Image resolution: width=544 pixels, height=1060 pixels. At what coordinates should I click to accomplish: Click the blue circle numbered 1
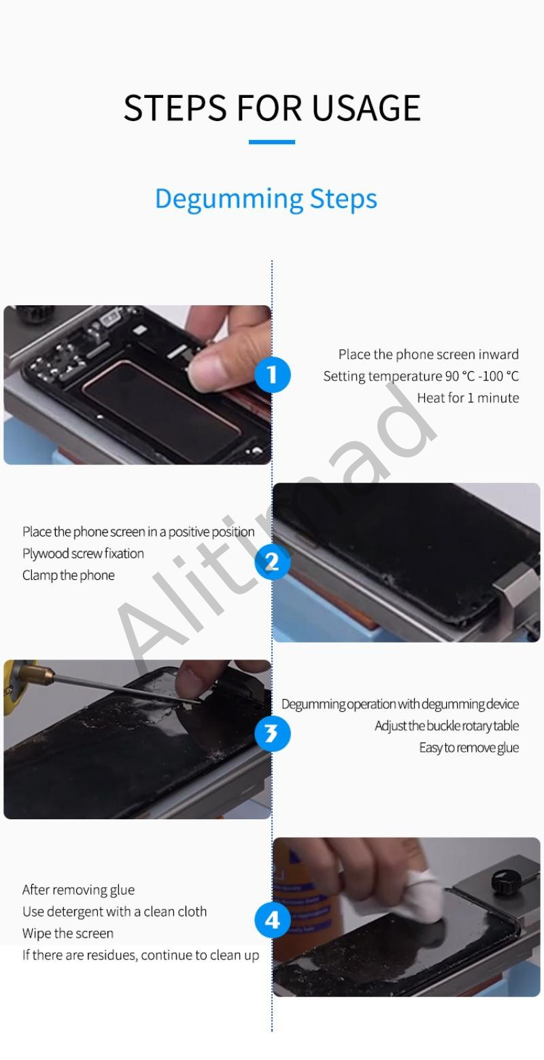[x=272, y=375]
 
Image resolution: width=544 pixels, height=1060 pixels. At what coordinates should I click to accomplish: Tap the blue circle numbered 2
[x=272, y=562]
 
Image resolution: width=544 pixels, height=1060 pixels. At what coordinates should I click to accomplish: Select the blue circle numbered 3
[x=272, y=734]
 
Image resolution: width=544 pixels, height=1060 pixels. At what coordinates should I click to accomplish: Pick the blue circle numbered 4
[x=272, y=920]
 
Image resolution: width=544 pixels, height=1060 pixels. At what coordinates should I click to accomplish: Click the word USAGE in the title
[x=366, y=108]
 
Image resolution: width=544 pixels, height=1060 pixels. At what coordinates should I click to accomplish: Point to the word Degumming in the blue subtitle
[x=229, y=199]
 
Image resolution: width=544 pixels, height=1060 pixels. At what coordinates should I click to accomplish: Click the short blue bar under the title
[x=272, y=142]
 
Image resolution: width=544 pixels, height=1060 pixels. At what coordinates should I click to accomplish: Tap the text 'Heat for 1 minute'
[x=468, y=398]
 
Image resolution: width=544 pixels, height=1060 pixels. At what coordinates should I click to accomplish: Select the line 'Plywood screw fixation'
[x=84, y=553]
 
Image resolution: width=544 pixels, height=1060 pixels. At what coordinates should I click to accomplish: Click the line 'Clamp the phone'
[x=69, y=575]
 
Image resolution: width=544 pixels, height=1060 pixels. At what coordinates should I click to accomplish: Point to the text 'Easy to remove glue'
[x=469, y=748]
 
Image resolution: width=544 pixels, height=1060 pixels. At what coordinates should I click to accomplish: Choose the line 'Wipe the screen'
[x=68, y=933]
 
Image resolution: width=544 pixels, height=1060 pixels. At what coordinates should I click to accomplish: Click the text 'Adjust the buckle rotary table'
[x=447, y=726]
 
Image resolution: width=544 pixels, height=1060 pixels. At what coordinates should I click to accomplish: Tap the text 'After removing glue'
[x=79, y=890]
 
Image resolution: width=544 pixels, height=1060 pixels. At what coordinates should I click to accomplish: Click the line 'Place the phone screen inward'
[x=428, y=354]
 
